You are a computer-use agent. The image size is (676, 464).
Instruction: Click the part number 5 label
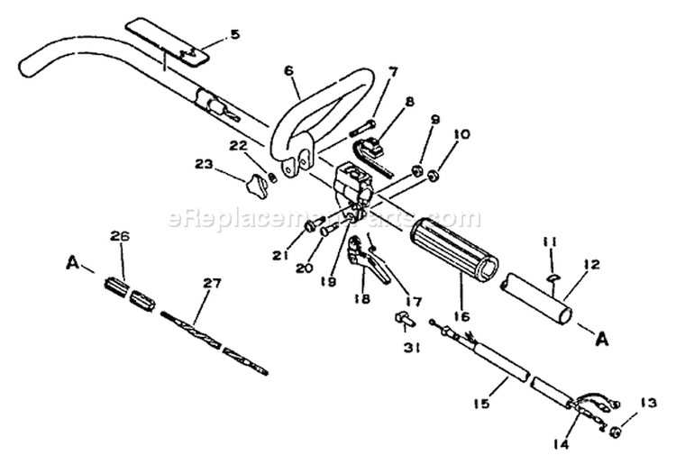coord(234,34)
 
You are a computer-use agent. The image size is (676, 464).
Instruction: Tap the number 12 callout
coord(592,264)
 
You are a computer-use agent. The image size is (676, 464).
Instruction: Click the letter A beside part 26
coord(72,262)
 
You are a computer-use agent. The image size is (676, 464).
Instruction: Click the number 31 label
coord(411,347)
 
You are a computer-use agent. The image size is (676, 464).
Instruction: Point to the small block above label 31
coord(404,319)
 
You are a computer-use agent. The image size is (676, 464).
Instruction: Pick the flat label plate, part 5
coord(167,41)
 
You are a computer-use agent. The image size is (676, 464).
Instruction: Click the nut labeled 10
coord(433,176)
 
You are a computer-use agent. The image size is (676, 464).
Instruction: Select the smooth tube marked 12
coord(537,297)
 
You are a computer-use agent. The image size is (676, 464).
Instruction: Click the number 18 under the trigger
coord(363,299)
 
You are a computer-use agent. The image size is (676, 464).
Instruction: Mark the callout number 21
coord(280,256)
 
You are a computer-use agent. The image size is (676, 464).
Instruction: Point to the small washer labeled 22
coord(272,177)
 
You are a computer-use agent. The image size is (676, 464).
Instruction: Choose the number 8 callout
coord(409,102)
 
